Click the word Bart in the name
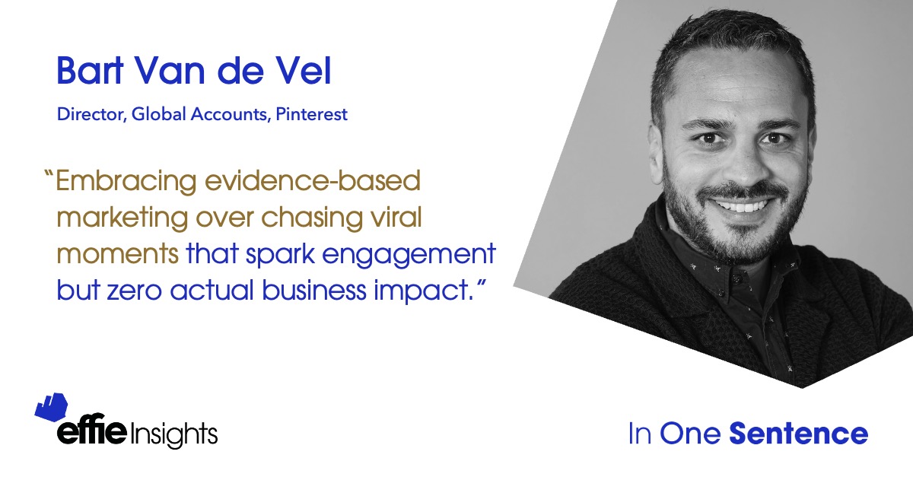[90, 71]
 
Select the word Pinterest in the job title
[312, 114]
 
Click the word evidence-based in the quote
[312, 180]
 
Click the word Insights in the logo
[174, 434]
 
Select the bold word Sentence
[799, 434]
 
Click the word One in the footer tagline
[691, 434]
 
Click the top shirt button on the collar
[736, 279]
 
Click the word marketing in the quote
[122, 218]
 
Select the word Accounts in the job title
[229, 114]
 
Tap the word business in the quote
[313, 291]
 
